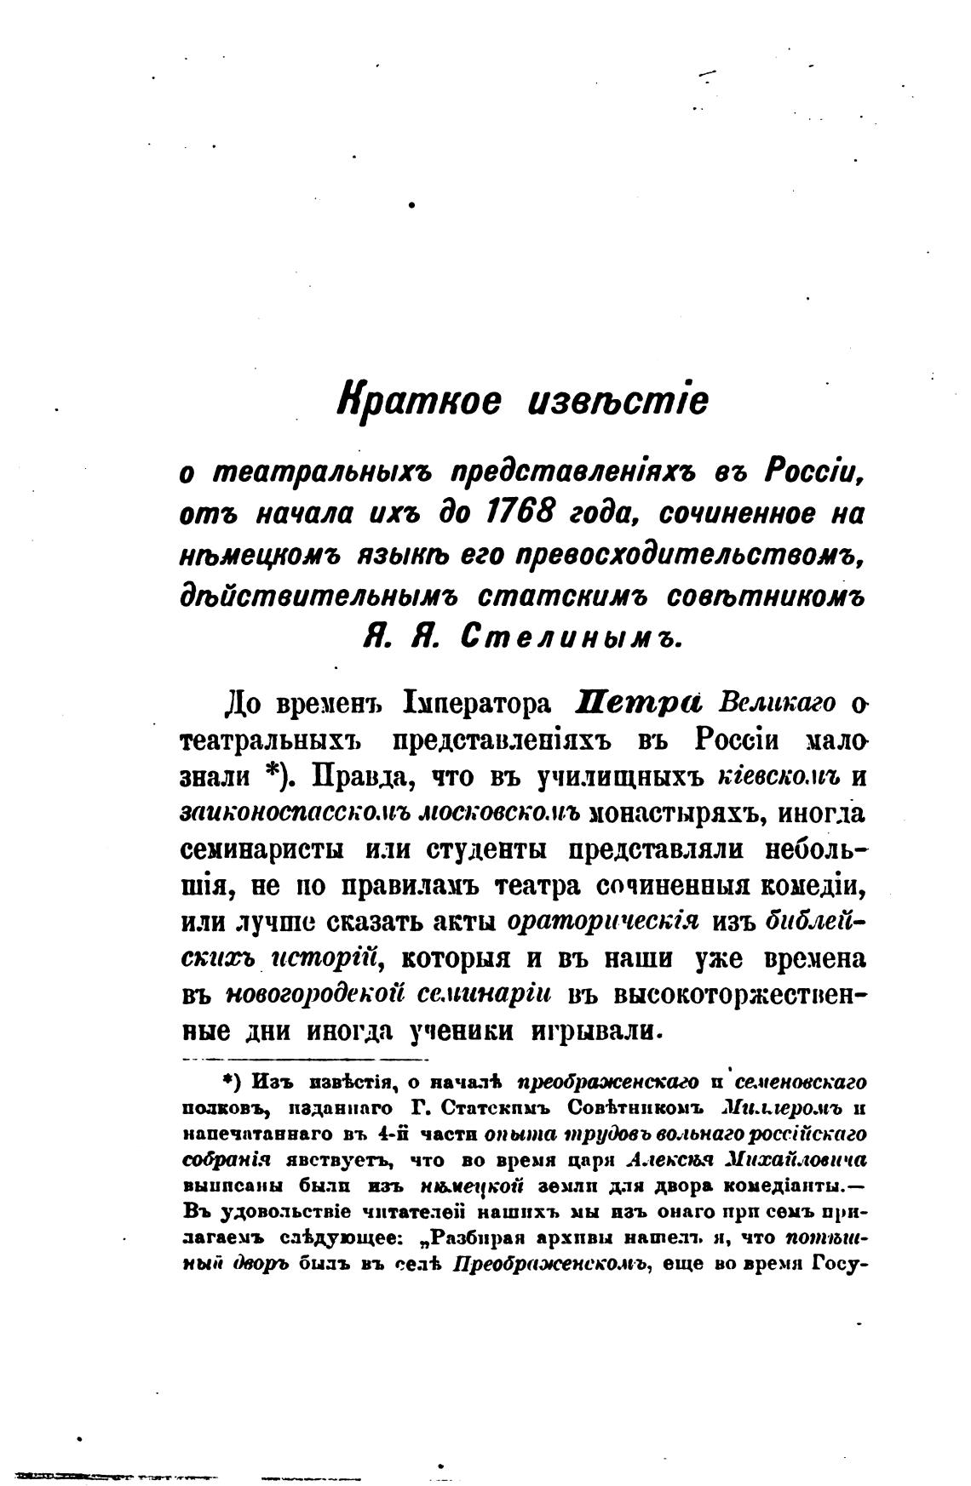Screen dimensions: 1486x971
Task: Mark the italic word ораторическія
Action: [x=603, y=922]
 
